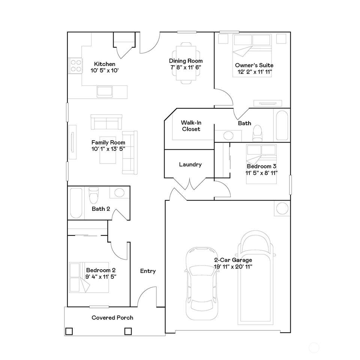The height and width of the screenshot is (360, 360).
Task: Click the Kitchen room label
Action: (x=105, y=64)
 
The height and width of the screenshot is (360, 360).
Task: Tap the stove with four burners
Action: (x=75, y=65)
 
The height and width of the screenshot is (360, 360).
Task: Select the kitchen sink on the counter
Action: (x=105, y=91)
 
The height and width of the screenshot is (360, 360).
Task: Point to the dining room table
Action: (x=186, y=63)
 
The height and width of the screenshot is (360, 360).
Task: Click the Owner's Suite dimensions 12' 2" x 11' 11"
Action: (x=255, y=72)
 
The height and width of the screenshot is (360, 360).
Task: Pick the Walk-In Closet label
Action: (x=191, y=126)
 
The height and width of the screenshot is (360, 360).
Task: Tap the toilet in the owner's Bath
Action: (x=258, y=133)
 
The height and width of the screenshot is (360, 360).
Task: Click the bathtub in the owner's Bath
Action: (x=282, y=125)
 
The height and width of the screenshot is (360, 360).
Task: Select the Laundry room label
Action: (x=190, y=164)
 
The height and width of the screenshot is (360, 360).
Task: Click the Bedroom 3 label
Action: (x=261, y=166)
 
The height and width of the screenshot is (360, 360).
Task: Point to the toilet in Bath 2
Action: (x=93, y=196)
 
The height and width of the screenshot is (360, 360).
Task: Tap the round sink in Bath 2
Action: (x=119, y=192)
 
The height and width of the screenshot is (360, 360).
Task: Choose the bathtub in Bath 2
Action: (x=76, y=203)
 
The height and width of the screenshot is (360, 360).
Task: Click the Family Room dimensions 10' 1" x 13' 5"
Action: (x=108, y=149)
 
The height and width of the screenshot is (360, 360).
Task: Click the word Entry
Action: (x=148, y=271)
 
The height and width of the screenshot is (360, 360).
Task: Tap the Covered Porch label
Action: (x=112, y=318)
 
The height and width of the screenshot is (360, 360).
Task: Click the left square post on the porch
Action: (x=69, y=331)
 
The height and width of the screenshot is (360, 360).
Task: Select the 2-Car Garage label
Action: (x=233, y=260)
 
